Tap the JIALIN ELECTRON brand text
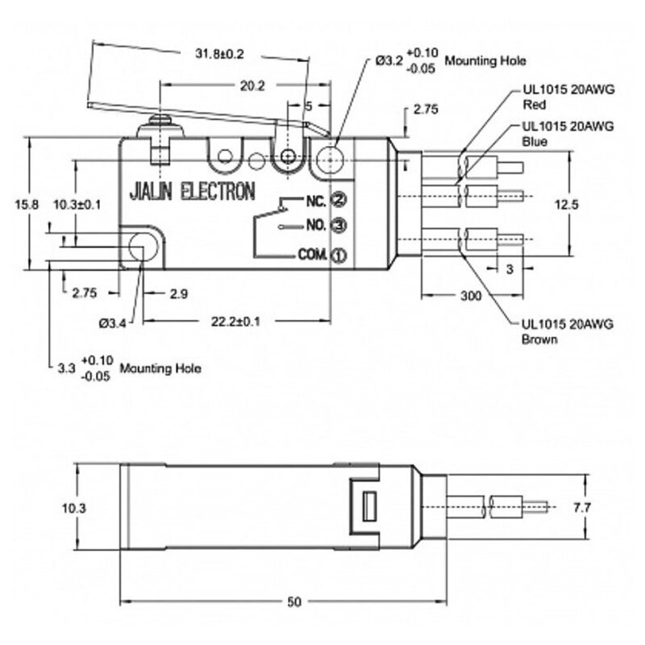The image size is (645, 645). click(193, 192)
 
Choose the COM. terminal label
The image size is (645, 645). click(312, 255)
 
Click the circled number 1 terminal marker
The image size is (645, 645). click(339, 256)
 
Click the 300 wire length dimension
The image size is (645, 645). click(470, 297)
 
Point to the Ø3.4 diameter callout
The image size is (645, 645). click(112, 323)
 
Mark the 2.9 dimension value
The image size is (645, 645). click(178, 295)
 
